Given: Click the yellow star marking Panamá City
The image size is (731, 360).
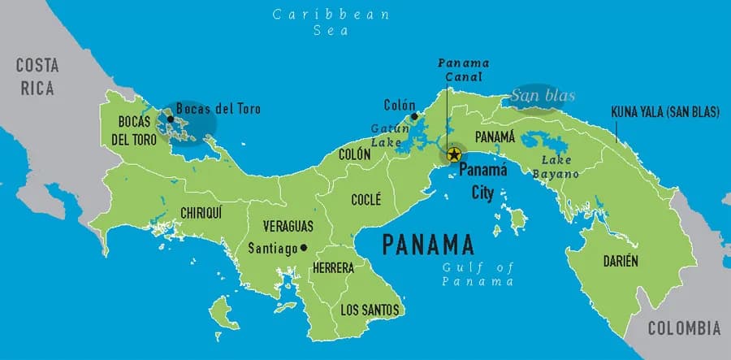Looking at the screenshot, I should tap(454, 154).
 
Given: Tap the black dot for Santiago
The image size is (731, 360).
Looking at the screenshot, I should tap(304, 248).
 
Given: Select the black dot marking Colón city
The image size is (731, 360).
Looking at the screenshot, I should tap(415, 117).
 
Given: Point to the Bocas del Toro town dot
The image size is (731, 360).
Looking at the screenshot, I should tap(171, 119).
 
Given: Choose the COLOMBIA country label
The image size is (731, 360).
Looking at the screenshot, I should tap(684, 328).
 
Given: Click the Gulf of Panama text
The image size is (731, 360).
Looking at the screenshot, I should tap(478, 275).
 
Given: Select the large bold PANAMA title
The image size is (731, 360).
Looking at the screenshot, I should tap(428, 244).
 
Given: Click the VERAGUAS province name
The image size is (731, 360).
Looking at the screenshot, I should tap(288, 228).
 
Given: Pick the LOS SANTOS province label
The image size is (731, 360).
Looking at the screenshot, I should tap(370, 310).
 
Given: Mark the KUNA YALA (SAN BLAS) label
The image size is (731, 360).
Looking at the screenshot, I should tap(664, 113).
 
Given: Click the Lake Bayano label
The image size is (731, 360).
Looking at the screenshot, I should tap(556, 167).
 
